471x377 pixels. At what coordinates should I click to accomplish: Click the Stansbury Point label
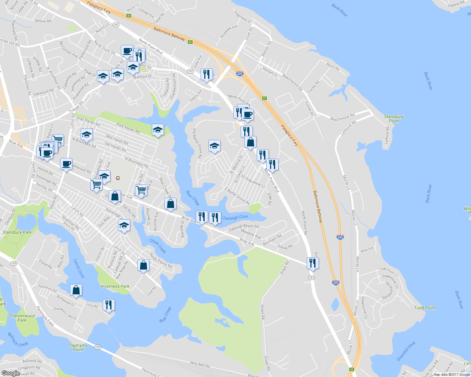pyautogui.click(x=394, y=119)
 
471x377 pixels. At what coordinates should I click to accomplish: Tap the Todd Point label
pyautogui.click(x=424, y=308)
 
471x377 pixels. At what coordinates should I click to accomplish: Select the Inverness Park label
pyautogui.click(x=115, y=286)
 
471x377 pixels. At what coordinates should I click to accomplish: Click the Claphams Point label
pyautogui.click(x=78, y=347)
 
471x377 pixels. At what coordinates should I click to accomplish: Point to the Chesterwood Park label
pyautogui.click(x=22, y=318)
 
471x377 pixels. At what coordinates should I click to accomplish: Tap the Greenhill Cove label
pyautogui.click(x=406, y=351)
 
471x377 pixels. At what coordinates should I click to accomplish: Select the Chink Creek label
pyautogui.click(x=158, y=246)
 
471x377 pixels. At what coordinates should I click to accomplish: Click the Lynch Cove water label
pyautogui.click(x=79, y=268)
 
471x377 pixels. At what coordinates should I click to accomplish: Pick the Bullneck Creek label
pyautogui.click(x=18, y=339)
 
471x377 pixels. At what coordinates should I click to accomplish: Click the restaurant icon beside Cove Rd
pyautogui.click(x=109, y=304)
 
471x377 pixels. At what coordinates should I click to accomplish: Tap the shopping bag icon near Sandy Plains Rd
pyautogui.click(x=144, y=265)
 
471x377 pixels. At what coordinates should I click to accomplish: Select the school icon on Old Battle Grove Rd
pyautogui.click(x=214, y=146)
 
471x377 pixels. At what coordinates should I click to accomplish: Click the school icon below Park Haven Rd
pyautogui.click(x=158, y=130)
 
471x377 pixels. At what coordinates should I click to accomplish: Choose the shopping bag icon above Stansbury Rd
pyautogui.click(x=76, y=290)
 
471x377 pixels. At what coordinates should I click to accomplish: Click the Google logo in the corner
pyautogui.click(x=10, y=373)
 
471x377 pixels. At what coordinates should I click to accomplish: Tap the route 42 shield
pyautogui.click(x=351, y=369)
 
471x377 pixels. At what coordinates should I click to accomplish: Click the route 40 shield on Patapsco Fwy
pyautogui.click(x=128, y=16)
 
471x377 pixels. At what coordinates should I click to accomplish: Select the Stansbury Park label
pyautogui.click(x=17, y=232)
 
